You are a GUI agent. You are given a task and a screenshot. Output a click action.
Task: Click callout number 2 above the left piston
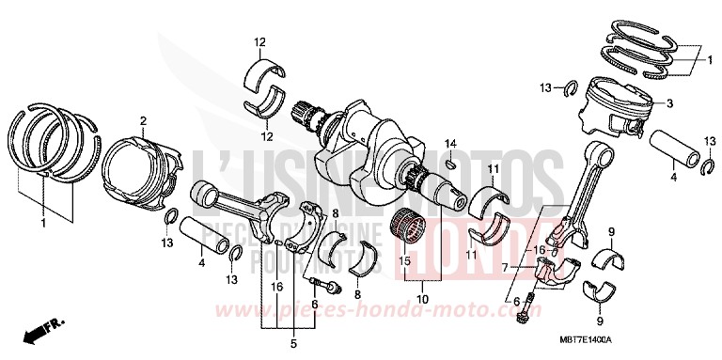[144, 120]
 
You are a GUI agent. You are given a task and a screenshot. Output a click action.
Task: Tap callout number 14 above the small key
[450, 143]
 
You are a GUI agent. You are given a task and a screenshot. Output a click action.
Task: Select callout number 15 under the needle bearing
[407, 260]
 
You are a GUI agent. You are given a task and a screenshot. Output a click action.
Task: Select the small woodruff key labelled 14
[450, 163]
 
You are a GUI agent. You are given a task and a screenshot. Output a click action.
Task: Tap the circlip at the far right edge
[709, 166]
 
